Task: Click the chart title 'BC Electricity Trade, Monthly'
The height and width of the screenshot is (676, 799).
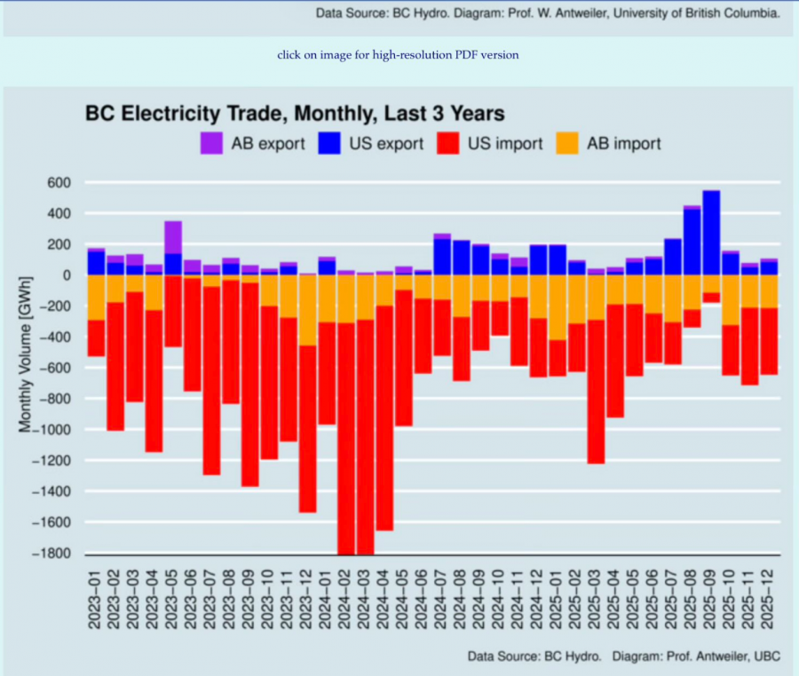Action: click(294, 114)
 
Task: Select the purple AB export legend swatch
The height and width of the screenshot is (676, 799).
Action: click(211, 143)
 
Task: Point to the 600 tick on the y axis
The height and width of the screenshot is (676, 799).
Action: click(57, 183)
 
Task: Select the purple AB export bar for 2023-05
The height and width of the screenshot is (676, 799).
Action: click(173, 237)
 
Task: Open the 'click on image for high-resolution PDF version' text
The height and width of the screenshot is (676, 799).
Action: click(398, 55)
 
